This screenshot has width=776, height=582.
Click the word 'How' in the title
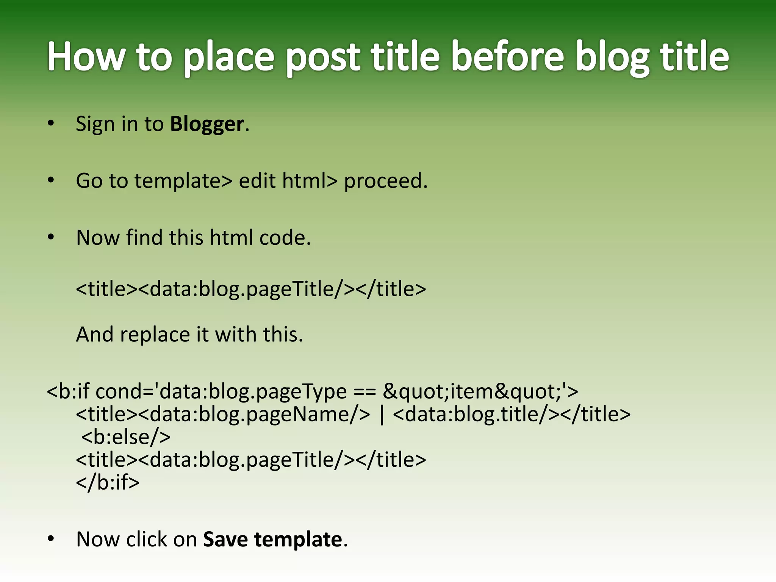(86, 57)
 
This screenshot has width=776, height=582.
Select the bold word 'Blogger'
(207, 124)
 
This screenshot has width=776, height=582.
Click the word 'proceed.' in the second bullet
(386, 181)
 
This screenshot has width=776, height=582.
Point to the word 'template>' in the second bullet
(183, 181)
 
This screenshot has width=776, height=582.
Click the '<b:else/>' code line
(126, 437)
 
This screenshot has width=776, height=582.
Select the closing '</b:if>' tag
(108, 482)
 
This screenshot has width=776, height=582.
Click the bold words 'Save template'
(272, 540)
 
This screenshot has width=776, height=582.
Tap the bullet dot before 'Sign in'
(51, 124)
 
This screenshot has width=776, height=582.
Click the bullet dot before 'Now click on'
(51, 539)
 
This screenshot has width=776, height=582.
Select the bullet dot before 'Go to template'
(51, 180)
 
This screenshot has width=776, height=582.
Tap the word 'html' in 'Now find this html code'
(231, 238)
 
